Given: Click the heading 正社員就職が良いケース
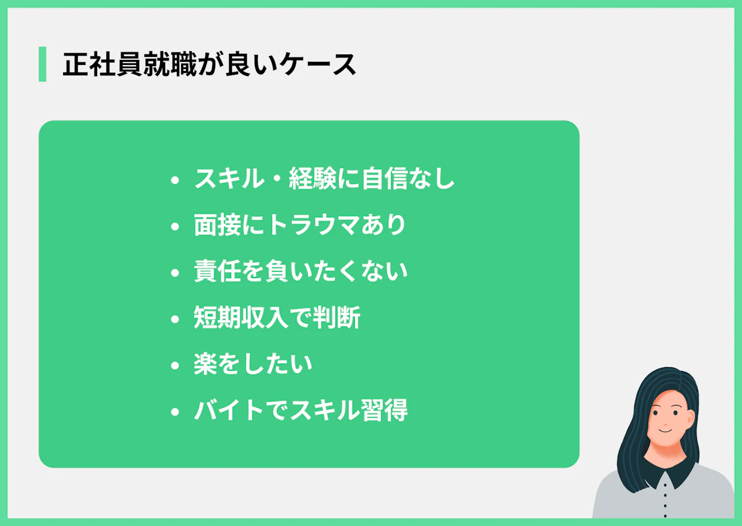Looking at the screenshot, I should pyautogui.click(x=209, y=64).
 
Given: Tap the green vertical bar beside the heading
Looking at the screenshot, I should pyautogui.click(x=42, y=64).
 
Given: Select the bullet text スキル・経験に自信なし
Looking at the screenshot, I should pyautogui.click(x=324, y=179).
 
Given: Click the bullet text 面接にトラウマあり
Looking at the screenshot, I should pyautogui.click(x=300, y=225).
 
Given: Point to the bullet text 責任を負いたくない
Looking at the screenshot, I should pyautogui.click(x=301, y=271).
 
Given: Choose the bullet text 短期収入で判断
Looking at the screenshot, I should pyautogui.click(x=277, y=318).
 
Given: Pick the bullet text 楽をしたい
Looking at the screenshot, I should pyautogui.click(x=253, y=364).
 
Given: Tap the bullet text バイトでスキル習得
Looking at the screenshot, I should pyautogui.click(x=301, y=410).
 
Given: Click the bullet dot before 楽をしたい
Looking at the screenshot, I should pyautogui.click(x=175, y=365).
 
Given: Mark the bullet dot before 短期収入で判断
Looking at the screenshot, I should pyautogui.click(x=175, y=319).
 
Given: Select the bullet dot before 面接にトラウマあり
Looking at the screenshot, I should pyautogui.click(x=175, y=226).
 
